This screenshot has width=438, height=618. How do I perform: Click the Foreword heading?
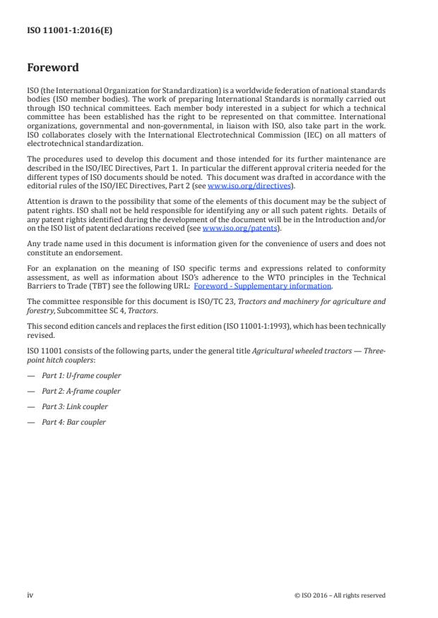click(x=53, y=68)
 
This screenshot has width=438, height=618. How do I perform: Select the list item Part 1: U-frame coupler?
click(x=81, y=376)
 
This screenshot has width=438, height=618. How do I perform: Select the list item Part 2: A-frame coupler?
click(x=81, y=392)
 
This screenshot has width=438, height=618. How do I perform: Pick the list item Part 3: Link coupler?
click(x=75, y=407)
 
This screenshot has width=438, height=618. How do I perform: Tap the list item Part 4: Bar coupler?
click(x=73, y=423)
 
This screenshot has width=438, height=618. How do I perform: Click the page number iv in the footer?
click(x=30, y=595)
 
